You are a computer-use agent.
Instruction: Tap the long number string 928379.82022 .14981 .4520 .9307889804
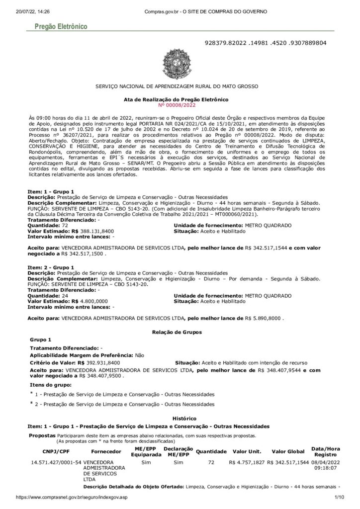coord(266,43)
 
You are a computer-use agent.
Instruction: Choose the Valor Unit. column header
coord(247,451)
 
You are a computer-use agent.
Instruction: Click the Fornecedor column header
coord(106,451)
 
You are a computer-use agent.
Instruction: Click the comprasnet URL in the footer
coord(72,497)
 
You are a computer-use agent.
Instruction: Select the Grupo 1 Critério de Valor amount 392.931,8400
coord(103,363)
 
